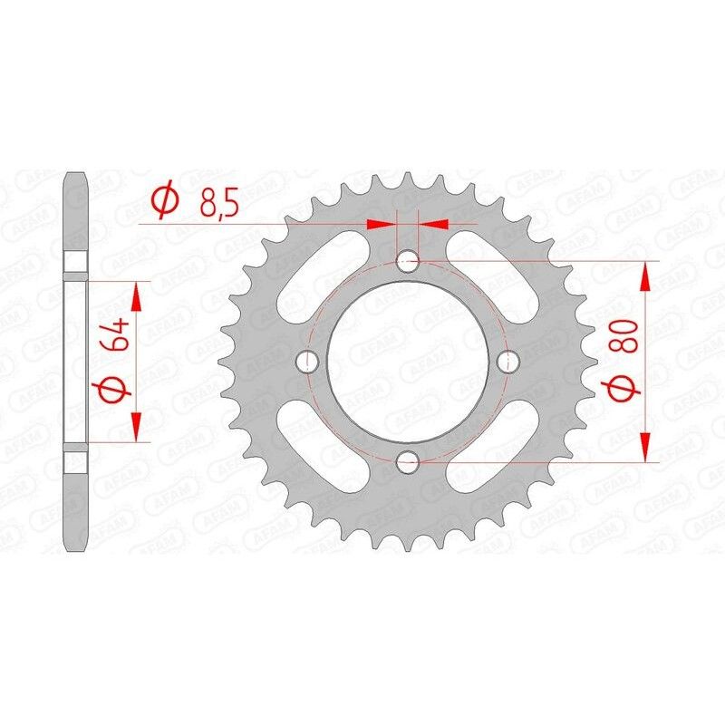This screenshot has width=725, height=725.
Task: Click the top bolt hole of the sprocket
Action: (x=408, y=262)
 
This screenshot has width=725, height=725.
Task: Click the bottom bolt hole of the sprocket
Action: (x=408, y=461)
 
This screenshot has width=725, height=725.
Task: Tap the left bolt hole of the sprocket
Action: (x=308, y=362)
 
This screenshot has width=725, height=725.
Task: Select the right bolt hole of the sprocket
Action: (x=507, y=362)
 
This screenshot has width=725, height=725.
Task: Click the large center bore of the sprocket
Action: (x=408, y=362)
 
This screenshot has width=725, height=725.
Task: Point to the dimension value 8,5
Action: (x=217, y=201)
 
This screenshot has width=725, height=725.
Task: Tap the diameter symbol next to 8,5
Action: (x=166, y=201)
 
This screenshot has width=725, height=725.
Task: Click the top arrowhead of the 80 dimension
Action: (x=645, y=276)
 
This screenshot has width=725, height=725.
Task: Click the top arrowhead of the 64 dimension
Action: (x=137, y=295)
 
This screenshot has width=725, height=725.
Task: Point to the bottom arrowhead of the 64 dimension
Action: (x=137, y=427)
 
